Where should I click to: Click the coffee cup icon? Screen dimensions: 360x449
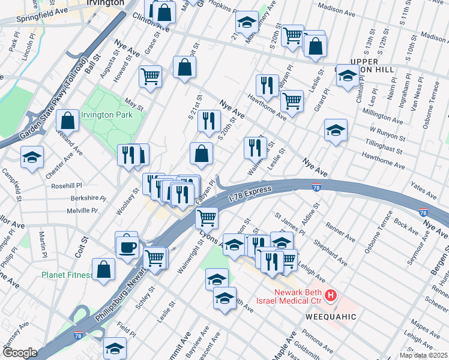point(127,246)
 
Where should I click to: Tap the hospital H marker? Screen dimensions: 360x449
point(330,296)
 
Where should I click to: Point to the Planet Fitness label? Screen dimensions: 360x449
point(67,275)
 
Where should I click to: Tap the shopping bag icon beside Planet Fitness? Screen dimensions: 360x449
point(104,269)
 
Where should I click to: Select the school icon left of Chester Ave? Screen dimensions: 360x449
point(32,158)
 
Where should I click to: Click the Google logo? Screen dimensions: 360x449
point(20,353)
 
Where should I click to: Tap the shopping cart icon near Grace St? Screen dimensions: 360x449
point(149,76)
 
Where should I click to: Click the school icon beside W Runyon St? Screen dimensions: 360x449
point(336,129)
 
